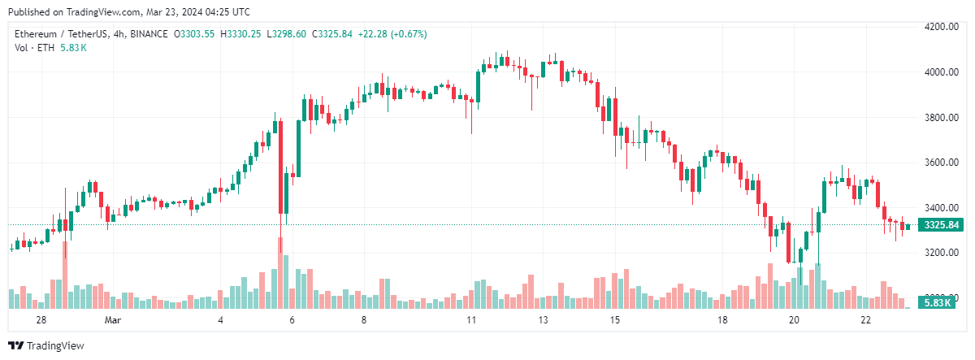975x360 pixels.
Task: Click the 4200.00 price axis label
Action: click(940, 27)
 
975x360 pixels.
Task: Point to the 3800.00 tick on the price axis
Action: click(940, 117)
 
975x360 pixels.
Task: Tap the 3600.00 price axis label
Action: click(940, 163)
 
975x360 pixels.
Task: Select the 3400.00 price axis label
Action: click(940, 207)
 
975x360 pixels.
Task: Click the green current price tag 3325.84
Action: click(939, 225)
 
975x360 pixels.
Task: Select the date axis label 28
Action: click(40, 320)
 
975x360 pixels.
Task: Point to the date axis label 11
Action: click(471, 320)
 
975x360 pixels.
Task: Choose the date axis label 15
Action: click(615, 320)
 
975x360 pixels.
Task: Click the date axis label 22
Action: click(866, 320)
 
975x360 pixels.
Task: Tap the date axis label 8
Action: click(364, 320)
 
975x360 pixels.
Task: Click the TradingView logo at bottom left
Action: click(46, 345)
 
